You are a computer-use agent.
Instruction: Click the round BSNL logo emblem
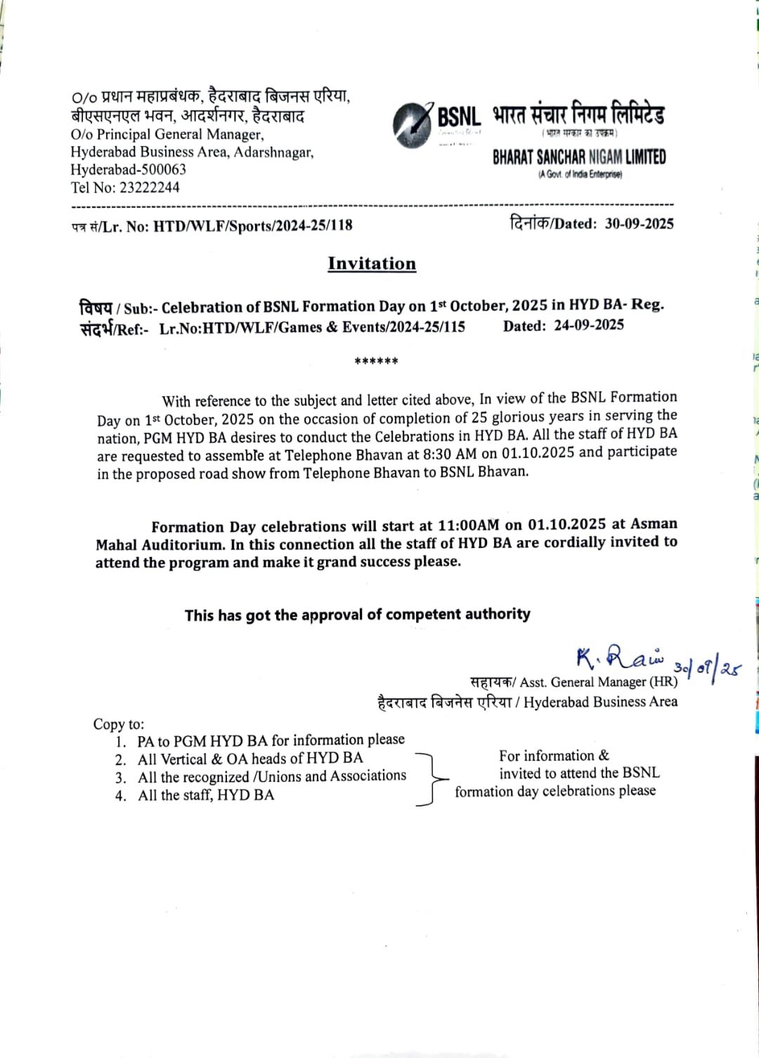pyautogui.click(x=413, y=122)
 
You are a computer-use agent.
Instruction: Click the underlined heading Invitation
pyautogui.click(x=372, y=263)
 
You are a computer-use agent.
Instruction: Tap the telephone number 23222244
pyautogui.click(x=149, y=188)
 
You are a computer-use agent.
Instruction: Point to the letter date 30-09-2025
pyautogui.click(x=639, y=223)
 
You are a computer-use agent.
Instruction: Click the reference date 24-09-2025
pyautogui.click(x=589, y=325)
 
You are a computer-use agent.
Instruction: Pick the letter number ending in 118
pyautogui.click(x=253, y=226)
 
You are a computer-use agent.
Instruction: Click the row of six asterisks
pyautogui.click(x=376, y=362)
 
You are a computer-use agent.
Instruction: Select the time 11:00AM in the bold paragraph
pyautogui.click(x=468, y=525)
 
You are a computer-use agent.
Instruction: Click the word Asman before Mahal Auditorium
pyautogui.click(x=654, y=523)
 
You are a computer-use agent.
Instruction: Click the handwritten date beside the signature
pyautogui.click(x=707, y=667)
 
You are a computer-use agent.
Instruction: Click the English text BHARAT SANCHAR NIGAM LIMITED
pyautogui.click(x=579, y=157)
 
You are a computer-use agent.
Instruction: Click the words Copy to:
pyautogui.click(x=118, y=724)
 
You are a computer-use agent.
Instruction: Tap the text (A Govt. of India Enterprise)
pyautogui.click(x=580, y=174)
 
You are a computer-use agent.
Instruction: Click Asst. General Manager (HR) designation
pyautogui.click(x=599, y=681)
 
